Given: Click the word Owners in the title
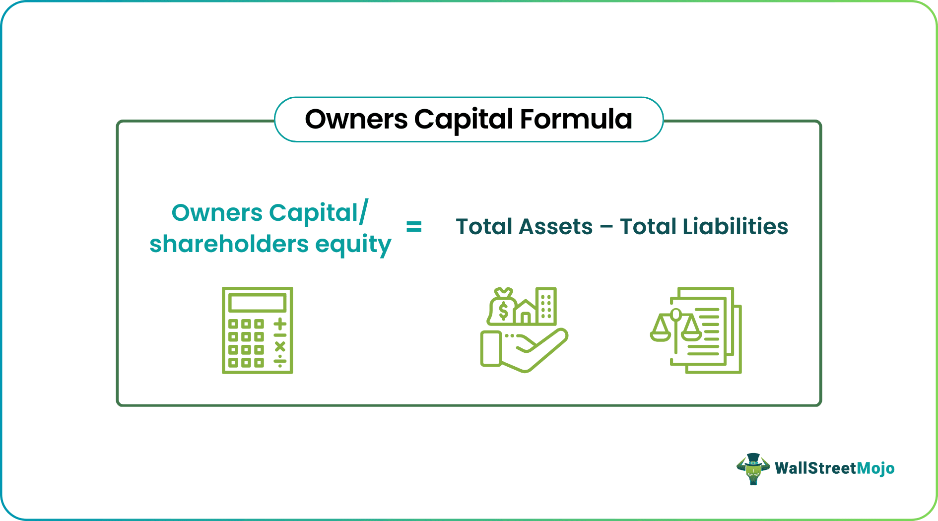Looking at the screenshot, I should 356,120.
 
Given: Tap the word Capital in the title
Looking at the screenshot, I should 464,120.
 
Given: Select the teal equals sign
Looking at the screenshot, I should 414,227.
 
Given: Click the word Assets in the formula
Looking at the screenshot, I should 556,227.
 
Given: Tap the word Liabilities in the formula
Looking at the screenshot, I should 735,227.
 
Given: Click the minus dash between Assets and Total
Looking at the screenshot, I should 606,228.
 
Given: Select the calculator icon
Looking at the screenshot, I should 257,330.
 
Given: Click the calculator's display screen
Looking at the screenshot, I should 257,302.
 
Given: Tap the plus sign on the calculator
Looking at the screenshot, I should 280,324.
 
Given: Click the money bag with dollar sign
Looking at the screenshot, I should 502,308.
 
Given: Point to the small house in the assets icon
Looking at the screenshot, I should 525,312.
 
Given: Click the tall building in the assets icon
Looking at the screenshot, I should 546,306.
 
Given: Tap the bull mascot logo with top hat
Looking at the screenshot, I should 753,468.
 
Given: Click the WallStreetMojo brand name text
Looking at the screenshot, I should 834,468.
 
